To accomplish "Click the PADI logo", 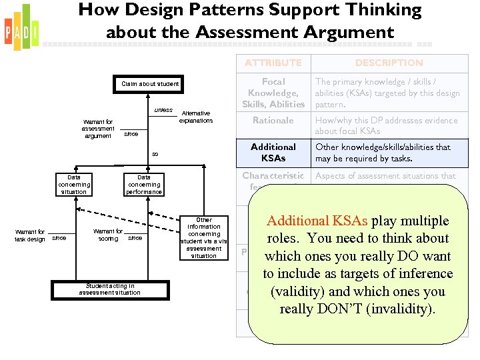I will [21, 27].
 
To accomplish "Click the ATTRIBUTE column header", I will [273, 63].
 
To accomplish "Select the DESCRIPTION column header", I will [389, 63].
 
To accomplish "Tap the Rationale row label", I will [273, 121].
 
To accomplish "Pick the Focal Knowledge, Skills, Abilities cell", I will [273, 93].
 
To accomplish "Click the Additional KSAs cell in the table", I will [273, 153].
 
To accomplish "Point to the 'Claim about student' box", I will [150, 84].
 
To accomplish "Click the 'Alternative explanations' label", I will [196, 117].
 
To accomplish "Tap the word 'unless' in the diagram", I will [163, 110].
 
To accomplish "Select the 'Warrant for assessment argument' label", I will [98, 129].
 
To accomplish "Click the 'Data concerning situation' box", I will [73, 185].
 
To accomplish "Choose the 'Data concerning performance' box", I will [144, 185].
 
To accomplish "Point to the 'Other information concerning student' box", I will [203, 237].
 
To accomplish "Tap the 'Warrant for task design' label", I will [31, 235].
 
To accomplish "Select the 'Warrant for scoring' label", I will [108, 235].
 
